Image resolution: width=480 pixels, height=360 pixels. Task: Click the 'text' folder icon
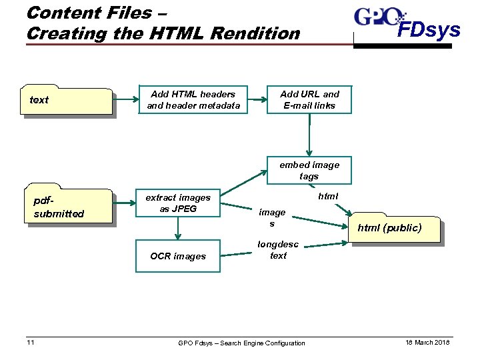[67, 101]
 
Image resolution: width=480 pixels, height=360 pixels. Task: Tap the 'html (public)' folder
[395, 229]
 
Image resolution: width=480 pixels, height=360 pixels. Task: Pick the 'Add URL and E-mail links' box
[309, 100]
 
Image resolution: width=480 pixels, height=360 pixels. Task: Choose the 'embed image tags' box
[309, 171]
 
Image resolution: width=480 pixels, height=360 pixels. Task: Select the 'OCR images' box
[177, 256]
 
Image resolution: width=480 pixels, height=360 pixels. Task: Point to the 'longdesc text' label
[278, 250]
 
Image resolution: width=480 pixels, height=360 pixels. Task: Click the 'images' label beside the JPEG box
[271, 217]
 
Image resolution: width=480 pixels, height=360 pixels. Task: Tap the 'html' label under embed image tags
[328, 196]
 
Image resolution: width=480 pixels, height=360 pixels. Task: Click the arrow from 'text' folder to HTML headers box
[125, 100]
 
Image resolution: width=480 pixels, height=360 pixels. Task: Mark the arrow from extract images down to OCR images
[177, 229]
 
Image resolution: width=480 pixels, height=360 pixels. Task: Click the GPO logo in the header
[378, 18]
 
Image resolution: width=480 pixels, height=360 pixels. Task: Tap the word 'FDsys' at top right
[429, 30]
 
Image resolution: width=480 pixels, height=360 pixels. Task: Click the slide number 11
[30, 342]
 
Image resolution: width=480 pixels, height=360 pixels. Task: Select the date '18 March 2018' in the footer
[427, 342]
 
